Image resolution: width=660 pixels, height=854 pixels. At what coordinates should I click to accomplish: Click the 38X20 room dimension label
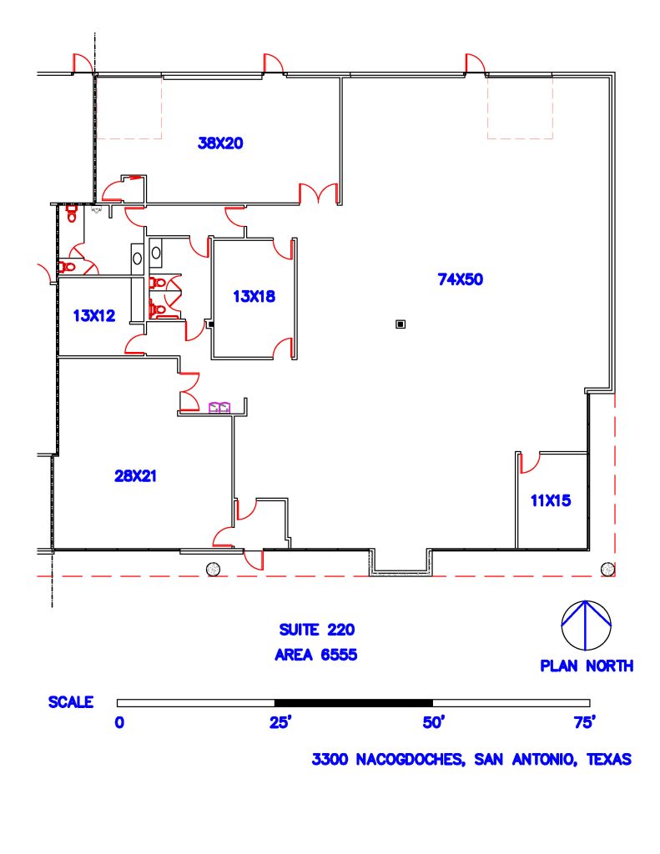click(220, 143)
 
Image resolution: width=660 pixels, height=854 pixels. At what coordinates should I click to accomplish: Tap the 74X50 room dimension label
click(460, 280)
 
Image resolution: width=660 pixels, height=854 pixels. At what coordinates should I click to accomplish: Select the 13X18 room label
click(254, 295)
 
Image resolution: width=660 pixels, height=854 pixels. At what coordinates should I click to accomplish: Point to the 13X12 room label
click(94, 315)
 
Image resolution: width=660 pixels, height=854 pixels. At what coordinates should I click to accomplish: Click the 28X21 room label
click(136, 476)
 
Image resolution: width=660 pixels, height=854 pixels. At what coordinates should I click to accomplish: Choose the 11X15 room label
click(550, 500)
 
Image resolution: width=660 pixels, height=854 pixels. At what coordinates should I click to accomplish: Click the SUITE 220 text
click(316, 630)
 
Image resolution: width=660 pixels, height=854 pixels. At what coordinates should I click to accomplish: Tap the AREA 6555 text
click(316, 655)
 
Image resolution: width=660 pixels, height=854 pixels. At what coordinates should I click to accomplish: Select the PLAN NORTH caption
click(586, 666)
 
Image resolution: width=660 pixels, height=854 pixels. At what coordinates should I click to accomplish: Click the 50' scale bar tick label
click(432, 722)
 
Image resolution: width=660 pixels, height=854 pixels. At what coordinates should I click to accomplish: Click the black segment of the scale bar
click(353, 703)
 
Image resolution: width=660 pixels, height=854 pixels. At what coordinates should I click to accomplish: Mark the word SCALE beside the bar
click(71, 702)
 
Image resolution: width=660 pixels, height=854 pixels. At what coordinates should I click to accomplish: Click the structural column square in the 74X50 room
click(401, 324)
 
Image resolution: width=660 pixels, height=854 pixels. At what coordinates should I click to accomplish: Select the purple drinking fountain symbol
click(219, 407)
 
